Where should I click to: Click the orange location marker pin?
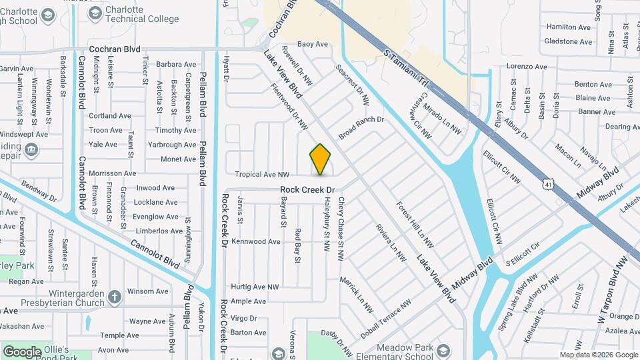321,159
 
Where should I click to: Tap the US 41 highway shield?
547,181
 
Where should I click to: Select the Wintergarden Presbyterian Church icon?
115,296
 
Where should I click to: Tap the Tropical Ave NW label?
261,174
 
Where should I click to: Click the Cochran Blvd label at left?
115,49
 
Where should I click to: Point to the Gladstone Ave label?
568,41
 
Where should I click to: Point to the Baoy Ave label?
313,44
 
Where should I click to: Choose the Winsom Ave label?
143,291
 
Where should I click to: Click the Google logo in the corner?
23,351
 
